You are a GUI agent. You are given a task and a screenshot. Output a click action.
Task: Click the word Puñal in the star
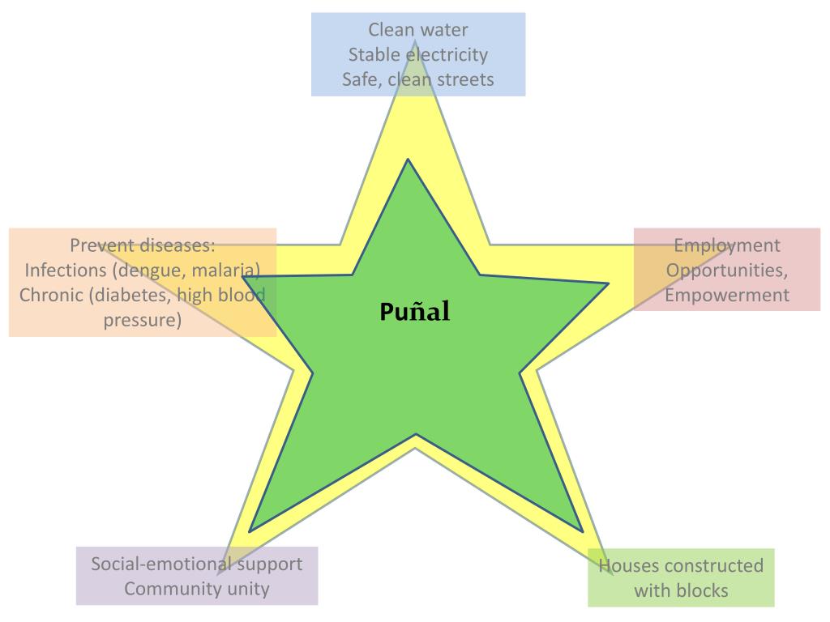tap(414, 312)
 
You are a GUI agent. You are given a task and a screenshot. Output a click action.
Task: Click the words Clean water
tap(418, 30)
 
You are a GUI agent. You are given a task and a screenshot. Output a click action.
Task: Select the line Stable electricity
tap(418, 55)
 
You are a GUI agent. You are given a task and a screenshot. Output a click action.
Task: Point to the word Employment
tap(727, 245)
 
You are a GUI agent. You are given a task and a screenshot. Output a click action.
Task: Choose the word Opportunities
tap(727, 270)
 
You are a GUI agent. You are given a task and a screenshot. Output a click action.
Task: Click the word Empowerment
tap(727, 295)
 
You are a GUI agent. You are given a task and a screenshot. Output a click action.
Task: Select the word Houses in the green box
tap(627, 565)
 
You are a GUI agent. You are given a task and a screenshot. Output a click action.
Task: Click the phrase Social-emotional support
tap(197, 564)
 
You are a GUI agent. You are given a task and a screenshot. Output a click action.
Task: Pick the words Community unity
tap(197, 589)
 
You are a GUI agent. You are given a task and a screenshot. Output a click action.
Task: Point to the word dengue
tap(151, 270)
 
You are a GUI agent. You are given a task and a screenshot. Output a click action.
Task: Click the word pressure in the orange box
tap(143, 320)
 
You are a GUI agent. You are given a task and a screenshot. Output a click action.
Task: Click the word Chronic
tap(50, 295)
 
